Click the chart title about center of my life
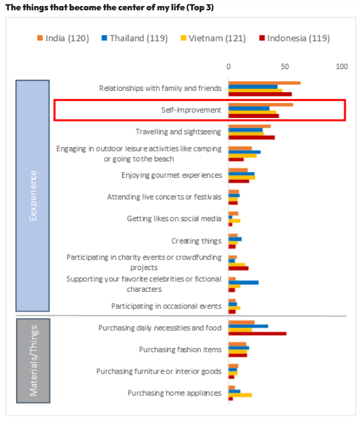click(113, 7)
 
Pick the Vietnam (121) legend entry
click(213, 38)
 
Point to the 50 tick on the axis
click(285, 66)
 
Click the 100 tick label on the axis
click(342, 66)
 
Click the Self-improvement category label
click(191, 110)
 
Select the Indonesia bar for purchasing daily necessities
click(257, 334)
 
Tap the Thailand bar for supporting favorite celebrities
click(243, 282)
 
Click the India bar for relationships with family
click(264, 83)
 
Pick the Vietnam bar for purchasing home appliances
click(240, 395)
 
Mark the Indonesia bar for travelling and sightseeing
click(251, 137)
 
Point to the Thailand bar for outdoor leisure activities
click(244, 152)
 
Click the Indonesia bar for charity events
click(238, 268)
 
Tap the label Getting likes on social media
click(174, 218)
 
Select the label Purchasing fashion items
click(180, 349)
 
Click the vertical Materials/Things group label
click(33, 360)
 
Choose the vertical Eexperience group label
click(33, 196)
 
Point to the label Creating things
click(196, 241)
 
